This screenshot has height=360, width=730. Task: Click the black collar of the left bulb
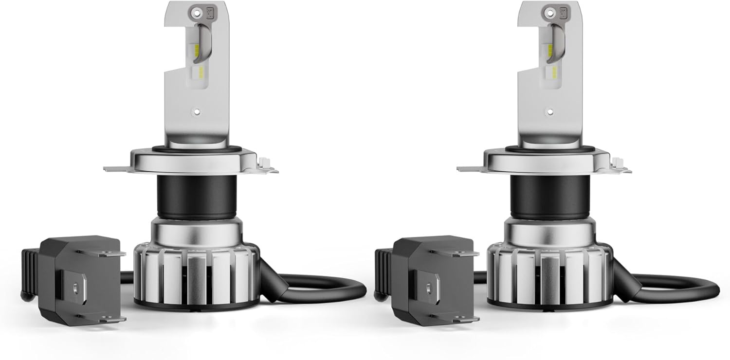click(x=197, y=197)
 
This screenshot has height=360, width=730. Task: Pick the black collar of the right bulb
click(x=550, y=197)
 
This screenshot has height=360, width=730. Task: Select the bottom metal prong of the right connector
click(x=465, y=319)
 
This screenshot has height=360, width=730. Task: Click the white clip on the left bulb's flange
click(x=266, y=162)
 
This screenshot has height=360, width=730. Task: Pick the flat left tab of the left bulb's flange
click(x=117, y=169)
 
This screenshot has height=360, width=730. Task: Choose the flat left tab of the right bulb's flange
click(x=470, y=169)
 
